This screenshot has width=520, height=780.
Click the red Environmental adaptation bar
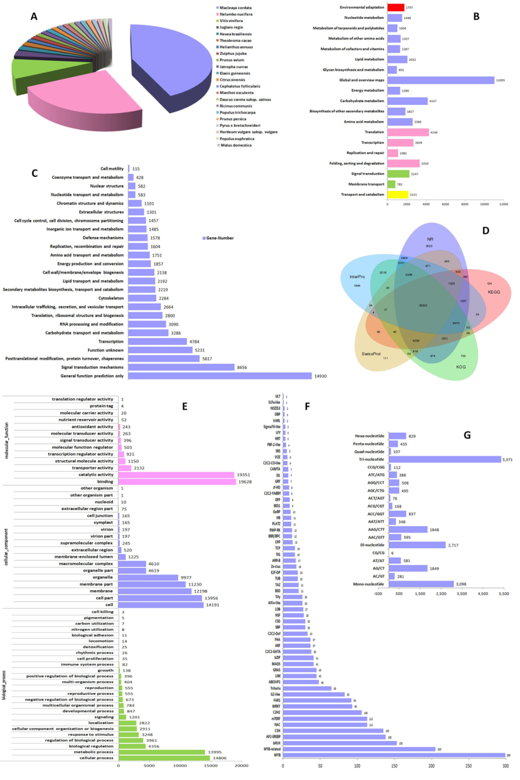click(395, 8)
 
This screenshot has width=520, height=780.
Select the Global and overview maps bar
click(441, 80)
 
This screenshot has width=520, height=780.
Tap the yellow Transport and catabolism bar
click(397, 195)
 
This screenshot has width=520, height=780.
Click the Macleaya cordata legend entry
click(235, 8)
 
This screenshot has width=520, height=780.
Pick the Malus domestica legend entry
click(235, 145)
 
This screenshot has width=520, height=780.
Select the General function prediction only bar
click(220, 376)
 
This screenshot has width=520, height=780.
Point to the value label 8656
click(242, 367)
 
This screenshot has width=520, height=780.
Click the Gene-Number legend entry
click(220, 238)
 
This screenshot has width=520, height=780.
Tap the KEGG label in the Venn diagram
click(494, 292)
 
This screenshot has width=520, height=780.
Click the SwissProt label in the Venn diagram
click(371, 354)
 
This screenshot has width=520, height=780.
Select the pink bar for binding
click(177, 481)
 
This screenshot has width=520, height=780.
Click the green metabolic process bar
click(162, 752)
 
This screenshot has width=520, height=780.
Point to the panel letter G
click(467, 435)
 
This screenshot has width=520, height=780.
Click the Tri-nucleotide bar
click(444, 459)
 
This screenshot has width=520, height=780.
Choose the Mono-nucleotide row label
click(369, 584)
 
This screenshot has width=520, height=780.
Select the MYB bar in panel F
click(394, 755)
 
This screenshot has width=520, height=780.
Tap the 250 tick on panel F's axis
click(468, 766)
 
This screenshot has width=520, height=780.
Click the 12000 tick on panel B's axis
click(503, 204)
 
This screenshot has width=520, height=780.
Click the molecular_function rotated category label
click(7, 441)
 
